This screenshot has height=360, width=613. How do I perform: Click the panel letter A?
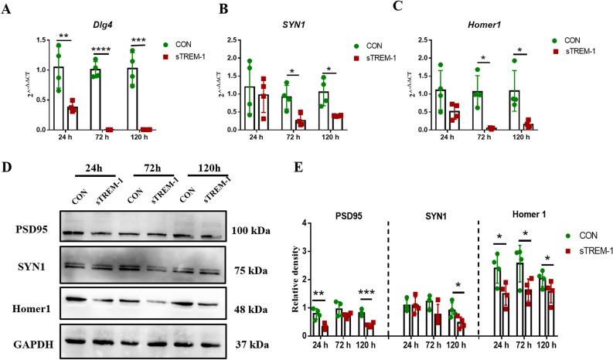coord(8,8)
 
